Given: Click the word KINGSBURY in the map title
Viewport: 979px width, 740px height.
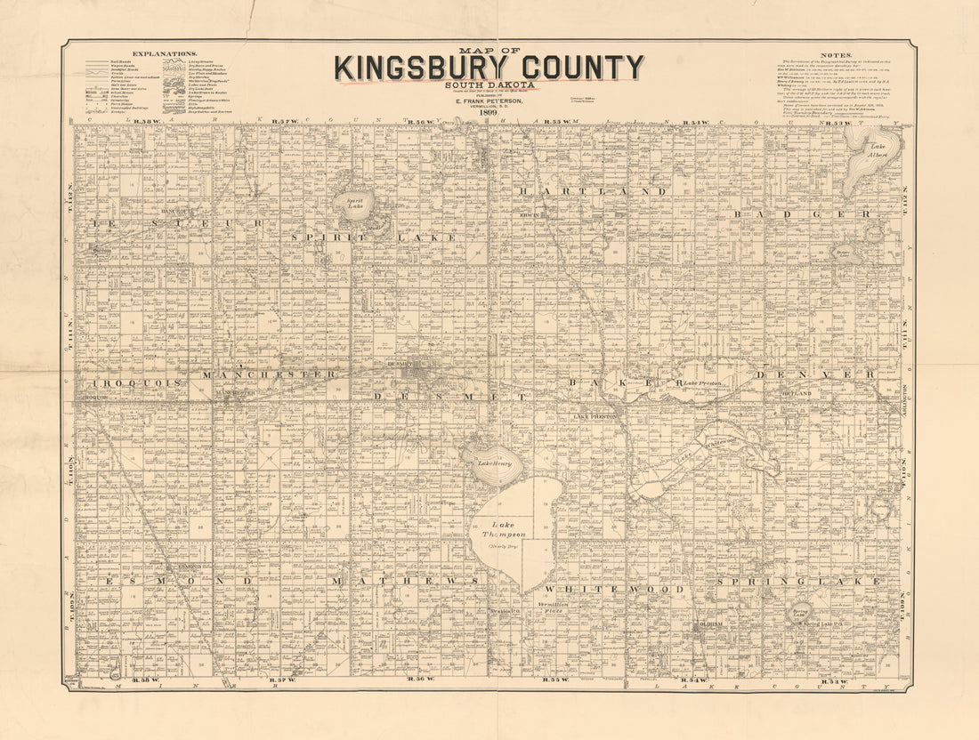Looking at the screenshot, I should pyautogui.click(x=419, y=68).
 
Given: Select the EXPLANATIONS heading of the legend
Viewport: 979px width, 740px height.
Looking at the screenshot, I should pyautogui.click(x=158, y=54).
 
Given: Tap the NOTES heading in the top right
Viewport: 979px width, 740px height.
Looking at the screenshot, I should pyautogui.click(x=837, y=54).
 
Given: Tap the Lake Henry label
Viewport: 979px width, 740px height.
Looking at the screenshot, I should pyautogui.click(x=491, y=463).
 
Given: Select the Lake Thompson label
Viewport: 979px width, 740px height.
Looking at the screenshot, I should pyautogui.click(x=504, y=528).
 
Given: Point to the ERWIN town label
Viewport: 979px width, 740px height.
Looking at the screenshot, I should pyautogui.click(x=531, y=214).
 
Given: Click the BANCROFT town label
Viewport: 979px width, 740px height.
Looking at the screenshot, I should pyautogui.click(x=174, y=212).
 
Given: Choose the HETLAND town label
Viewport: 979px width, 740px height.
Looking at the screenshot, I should pyautogui.click(x=797, y=392).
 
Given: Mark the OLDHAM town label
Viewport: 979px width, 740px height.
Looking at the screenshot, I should pyautogui.click(x=708, y=624).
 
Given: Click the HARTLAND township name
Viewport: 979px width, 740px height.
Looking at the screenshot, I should pyautogui.click(x=592, y=191).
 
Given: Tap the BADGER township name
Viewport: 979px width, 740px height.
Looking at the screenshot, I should pyautogui.click(x=802, y=214).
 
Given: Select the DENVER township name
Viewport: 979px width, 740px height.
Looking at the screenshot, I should pyautogui.click(x=815, y=374).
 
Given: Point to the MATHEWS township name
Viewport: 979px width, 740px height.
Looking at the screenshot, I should pyautogui.click(x=405, y=582).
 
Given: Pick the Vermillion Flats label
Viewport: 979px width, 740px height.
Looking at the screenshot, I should pyautogui.click(x=554, y=607).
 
